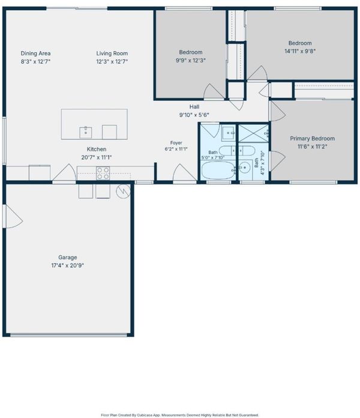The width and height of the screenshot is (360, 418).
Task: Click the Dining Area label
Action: [x=35, y=53]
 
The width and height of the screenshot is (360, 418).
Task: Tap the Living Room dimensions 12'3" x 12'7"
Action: [x=112, y=62]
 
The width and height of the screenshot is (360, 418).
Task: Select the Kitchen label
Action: [x=97, y=150]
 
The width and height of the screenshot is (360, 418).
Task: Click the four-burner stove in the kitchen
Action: [x=103, y=173]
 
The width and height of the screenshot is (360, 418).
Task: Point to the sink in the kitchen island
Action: [x=86, y=132]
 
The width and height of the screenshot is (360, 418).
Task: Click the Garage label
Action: [x=68, y=257]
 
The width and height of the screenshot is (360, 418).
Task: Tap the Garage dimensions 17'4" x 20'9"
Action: [x=68, y=265]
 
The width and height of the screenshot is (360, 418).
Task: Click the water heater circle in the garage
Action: [x=123, y=191]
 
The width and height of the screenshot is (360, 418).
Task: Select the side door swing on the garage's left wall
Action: [x=13, y=216]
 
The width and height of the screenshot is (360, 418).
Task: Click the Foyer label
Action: [x=176, y=143]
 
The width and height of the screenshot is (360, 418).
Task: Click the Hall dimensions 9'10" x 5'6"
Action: [x=194, y=115]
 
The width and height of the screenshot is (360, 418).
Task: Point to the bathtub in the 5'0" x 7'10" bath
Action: [x=218, y=171]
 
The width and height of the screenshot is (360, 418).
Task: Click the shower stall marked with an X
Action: [x=253, y=133]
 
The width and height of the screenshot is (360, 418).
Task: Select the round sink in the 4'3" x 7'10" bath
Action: [x=244, y=168]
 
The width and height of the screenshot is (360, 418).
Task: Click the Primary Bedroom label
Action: [x=313, y=138]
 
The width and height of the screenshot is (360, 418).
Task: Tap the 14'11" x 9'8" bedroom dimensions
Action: [x=300, y=51]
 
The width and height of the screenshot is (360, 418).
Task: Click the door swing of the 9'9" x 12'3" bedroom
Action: [x=213, y=91]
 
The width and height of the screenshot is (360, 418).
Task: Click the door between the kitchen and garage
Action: [x=64, y=173]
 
